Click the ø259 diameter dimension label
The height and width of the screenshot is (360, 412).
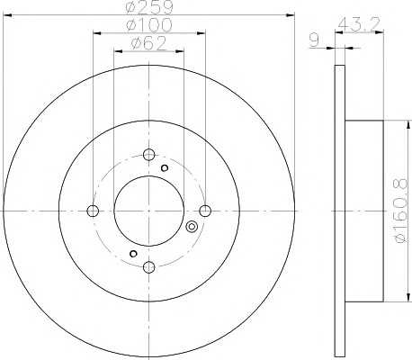click(x=149, y=6)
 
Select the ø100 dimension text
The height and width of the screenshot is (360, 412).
click(x=149, y=25)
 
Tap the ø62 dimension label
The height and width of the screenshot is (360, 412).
click(x=148, y=43)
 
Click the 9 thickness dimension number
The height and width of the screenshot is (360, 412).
click(x=314, y=40)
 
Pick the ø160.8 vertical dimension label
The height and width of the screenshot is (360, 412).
click(x=401, y=211)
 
